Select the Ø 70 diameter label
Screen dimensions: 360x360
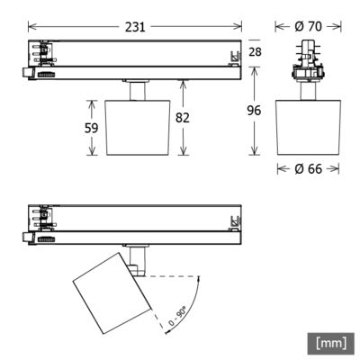tap(310, 26)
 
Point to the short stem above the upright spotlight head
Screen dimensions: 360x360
tap(135, 90)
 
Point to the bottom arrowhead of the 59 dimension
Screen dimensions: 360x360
tap(91, 152)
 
